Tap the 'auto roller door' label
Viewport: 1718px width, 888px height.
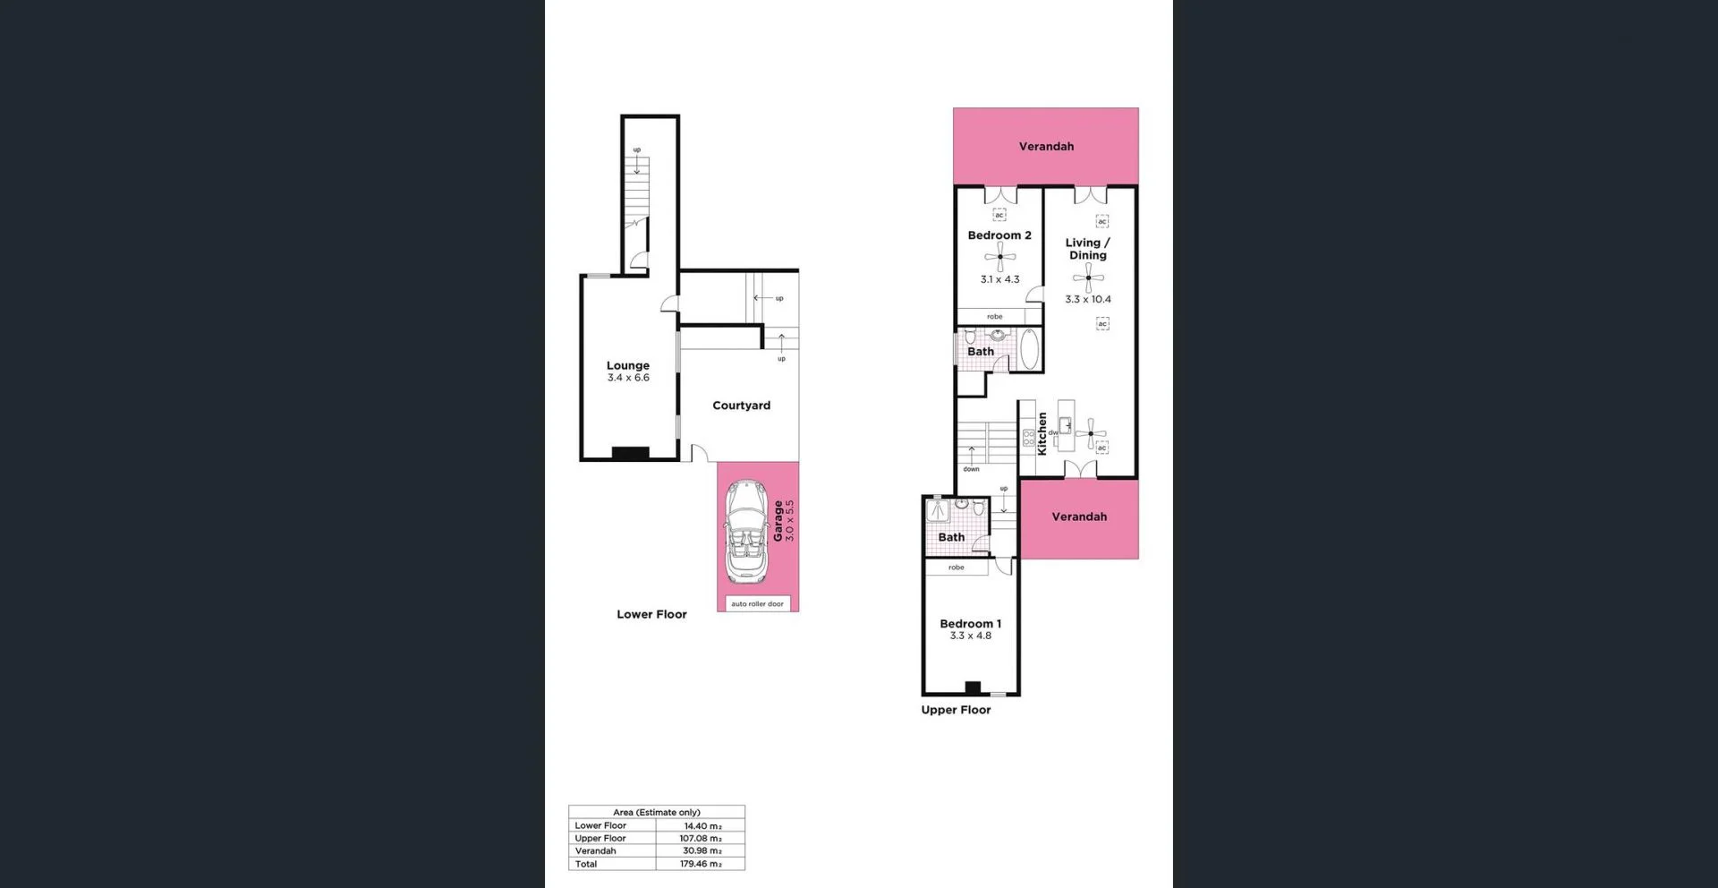point(757,604)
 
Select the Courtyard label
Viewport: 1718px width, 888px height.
point(741,406)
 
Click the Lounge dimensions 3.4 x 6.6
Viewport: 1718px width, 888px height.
point(628,378)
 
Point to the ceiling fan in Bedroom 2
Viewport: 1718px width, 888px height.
point(999,257)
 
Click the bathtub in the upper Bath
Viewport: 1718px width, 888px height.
point(1029,350)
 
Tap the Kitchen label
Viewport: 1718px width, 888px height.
point(1042,433)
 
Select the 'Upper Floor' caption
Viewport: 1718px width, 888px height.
point(956,710)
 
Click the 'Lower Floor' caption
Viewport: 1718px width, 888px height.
point(651,614)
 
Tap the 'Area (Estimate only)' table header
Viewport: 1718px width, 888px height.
point(657,812)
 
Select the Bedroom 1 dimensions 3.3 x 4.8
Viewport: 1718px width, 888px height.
point(970,636)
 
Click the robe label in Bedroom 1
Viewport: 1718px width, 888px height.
point(957,568)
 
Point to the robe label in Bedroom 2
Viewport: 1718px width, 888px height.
point(994,317)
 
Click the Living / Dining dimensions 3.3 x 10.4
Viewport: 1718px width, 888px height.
point(1088,299)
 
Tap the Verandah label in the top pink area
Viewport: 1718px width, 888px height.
point(1046,146)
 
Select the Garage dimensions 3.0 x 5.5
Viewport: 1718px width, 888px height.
point(789,520)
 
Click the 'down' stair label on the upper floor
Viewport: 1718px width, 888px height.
point(971,469)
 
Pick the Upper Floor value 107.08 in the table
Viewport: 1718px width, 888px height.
point(700,839)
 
